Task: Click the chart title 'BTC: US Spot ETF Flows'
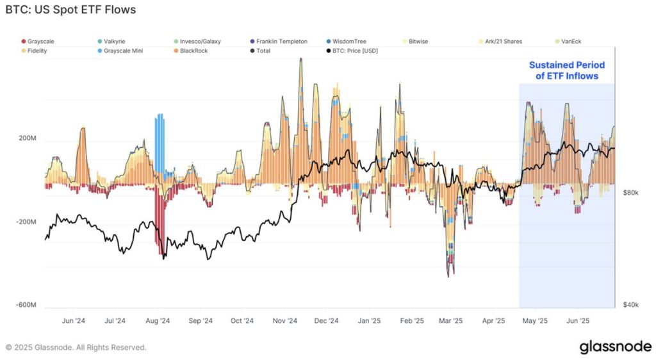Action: (70, 10)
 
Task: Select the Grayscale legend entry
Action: (39, 42)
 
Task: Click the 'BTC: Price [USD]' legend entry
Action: (351, 51)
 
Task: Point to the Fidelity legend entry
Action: (37, 51)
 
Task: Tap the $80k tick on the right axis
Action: (630, 192)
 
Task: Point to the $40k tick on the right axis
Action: (630, 305)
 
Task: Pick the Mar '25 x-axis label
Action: (452, 320)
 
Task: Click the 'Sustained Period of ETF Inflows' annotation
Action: (566, 70)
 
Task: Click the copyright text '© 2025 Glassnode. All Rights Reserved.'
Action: (76, 348)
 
